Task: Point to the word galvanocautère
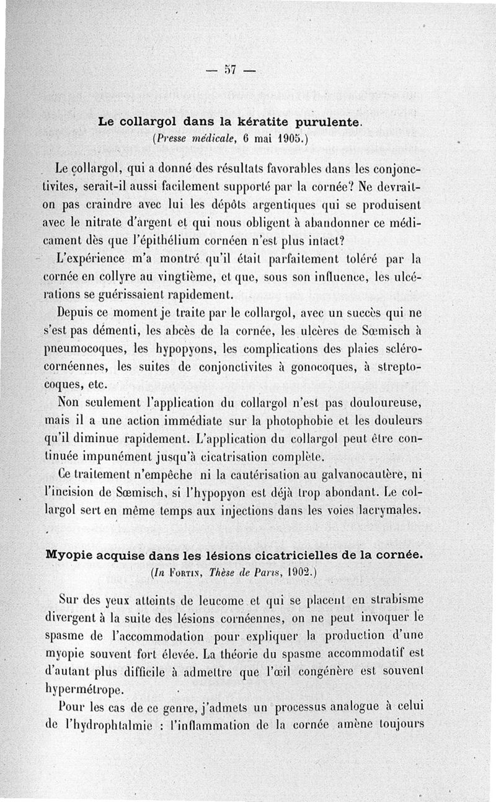tap(356, 476)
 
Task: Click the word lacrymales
tap(390, 511)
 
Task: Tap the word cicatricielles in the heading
tap(295, 555)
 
